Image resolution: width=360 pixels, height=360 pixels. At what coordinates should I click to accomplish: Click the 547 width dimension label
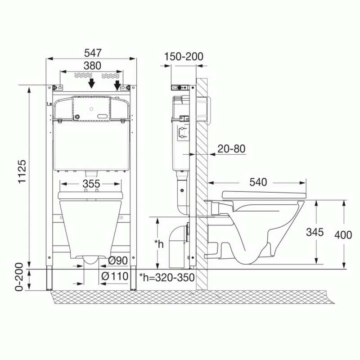pos(93,53)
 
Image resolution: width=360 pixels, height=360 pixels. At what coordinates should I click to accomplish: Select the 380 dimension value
pos(92,66)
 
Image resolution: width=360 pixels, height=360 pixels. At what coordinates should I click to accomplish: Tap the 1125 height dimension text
pos(22,171)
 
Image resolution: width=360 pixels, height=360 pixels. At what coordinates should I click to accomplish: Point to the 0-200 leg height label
pos(19,277)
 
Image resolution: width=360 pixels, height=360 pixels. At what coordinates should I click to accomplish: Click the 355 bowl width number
pos(91,184)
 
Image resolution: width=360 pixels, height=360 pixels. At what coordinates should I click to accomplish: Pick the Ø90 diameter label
pos(118,261)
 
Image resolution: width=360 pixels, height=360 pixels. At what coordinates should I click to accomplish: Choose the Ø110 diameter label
pos(115,276)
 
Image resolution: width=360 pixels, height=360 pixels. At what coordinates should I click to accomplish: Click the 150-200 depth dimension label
pos(184,57)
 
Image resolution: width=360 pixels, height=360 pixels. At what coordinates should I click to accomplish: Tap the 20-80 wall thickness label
pos(231,149)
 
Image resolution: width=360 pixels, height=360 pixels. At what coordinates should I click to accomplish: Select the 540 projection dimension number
pos(258,182)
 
